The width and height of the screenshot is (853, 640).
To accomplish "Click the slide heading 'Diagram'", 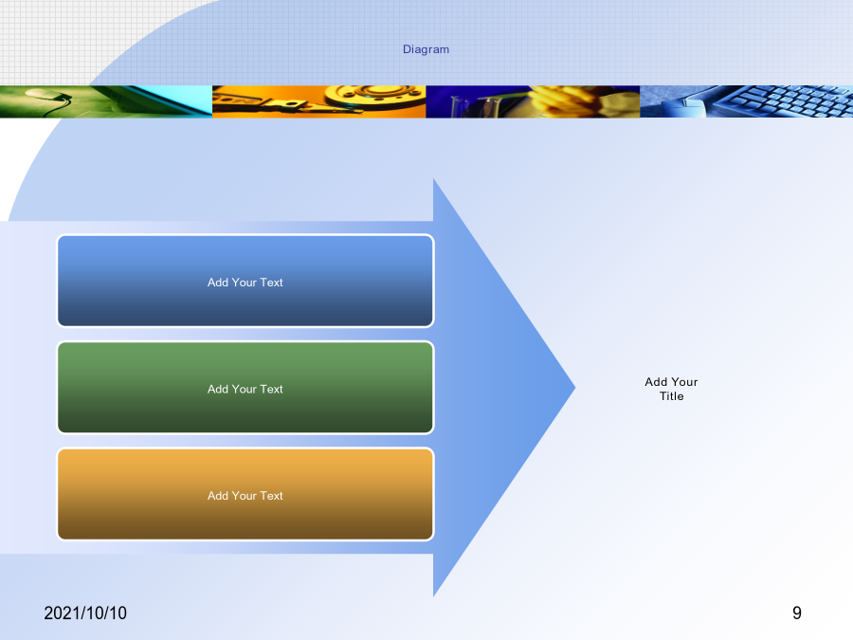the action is coord(426,49).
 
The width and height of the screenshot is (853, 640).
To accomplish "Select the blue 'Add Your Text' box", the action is coord(245,281).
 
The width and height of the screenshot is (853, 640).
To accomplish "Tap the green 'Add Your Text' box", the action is coord(245,388).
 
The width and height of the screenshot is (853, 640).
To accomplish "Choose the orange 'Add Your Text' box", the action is coord(245,494).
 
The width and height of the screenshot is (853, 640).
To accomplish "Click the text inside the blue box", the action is coord(245,283).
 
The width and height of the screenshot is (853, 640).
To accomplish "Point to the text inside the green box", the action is coord(245,389).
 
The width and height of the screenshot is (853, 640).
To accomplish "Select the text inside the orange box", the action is coord(245,496).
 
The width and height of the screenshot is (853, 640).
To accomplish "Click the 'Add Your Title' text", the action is coord(671,389).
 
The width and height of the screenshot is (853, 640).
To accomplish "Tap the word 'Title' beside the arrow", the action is coord(672,396).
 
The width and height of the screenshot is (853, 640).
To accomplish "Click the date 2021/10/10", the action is coord(85,613).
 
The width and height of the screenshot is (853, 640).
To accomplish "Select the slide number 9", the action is coord(797,613).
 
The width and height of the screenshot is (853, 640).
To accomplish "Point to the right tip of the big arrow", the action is coord(575,388).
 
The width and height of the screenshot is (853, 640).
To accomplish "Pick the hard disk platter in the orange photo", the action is coord(375,97).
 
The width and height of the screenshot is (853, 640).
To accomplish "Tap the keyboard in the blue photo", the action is coord(784,101).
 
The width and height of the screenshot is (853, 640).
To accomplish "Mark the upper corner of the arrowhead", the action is coord(433,178).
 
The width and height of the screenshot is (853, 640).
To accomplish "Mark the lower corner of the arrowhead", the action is coord(433,596).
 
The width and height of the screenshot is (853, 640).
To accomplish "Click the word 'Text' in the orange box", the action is coord(271,496).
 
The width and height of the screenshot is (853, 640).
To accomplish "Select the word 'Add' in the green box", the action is coord(218,389).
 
